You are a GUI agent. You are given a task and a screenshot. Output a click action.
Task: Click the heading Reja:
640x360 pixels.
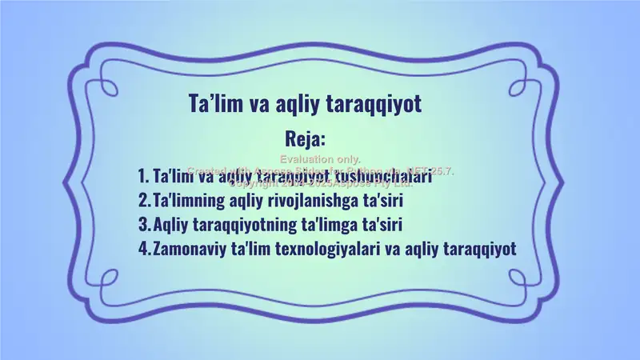[x=305, y=138]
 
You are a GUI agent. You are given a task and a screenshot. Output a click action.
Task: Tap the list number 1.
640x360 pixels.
[x=142, y=175]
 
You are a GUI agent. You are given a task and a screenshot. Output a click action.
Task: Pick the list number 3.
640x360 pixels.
[x=142, y=223]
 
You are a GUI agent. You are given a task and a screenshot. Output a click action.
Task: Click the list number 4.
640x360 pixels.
[x=143, y=247]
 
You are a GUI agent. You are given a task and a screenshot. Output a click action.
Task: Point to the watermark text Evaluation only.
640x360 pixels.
[x=320, y=160]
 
